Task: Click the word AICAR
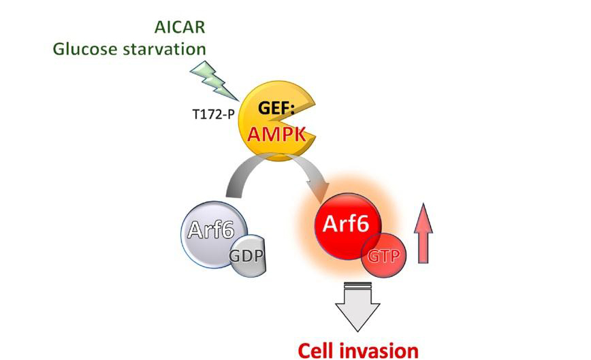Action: pyautogui.click(x=180, y=27)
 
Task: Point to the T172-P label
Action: pyautogui.click(x=213, y=114)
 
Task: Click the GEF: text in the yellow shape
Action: pyautogui.click(x=276, y=108)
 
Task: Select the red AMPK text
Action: pyautogui.click(x=276, y=133)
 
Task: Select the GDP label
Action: pyautogui.click(x=246, y=256)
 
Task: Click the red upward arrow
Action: pyautogui.click(x=424, y=233)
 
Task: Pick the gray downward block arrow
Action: pyautogui.click(x=357, y=306)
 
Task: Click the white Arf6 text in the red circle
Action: pyautogui.click(x=346, y=224)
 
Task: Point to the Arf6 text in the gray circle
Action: pyautogui.click(x=211, y=229)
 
